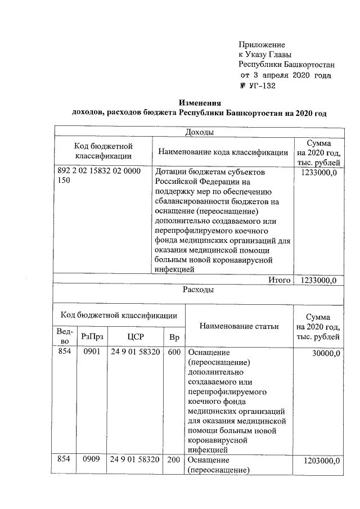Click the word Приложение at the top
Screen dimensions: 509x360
tap(262, 44)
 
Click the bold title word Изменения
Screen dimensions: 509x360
tap(200, 103)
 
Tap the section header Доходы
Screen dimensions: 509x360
tap(198, 132)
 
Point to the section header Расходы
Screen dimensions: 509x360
tap(198, 290)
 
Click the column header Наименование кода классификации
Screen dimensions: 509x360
tap(223, 152)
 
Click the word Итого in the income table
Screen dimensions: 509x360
tap(279, 280)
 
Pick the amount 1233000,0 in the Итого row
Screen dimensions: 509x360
tap(319, 280)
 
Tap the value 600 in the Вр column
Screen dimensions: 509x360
tap(173, 352)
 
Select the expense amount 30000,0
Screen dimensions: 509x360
tap(325, 352)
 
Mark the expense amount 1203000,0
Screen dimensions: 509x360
tap(322, 460)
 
